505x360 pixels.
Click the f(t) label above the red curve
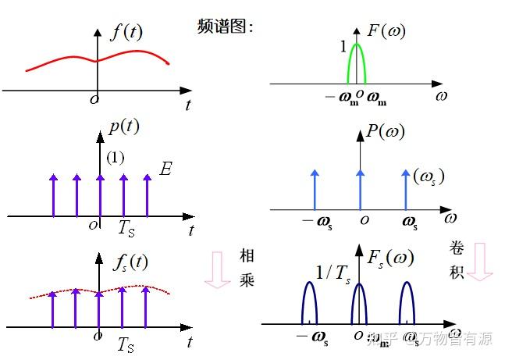click(126, 32)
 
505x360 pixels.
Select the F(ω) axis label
click(386, 32)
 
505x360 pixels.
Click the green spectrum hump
click(357, 62)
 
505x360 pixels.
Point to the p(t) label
click(123, 128)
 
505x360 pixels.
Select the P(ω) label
click(385, 131)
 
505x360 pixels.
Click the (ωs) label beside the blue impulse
click(429, 176)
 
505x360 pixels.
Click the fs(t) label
click(128, 262)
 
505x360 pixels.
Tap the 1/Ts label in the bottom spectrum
click(334, 271)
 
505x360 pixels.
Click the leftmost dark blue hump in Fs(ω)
click(310, 301)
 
